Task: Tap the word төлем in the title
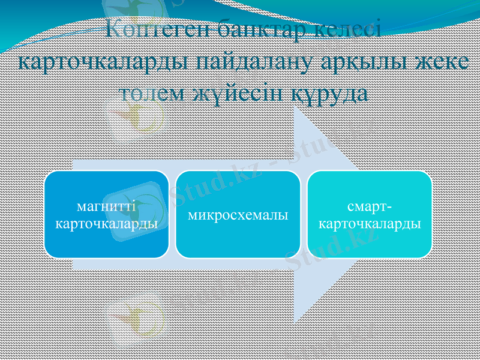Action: [x=150, y=94]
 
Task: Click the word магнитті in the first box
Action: [x=106, y=206]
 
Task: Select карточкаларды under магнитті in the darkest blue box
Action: [x=106, y=224]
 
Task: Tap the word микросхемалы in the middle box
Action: [x=238, y=215]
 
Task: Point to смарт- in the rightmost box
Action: [x=370, y=206]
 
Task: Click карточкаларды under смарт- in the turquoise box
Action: [x=370, y=224]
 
